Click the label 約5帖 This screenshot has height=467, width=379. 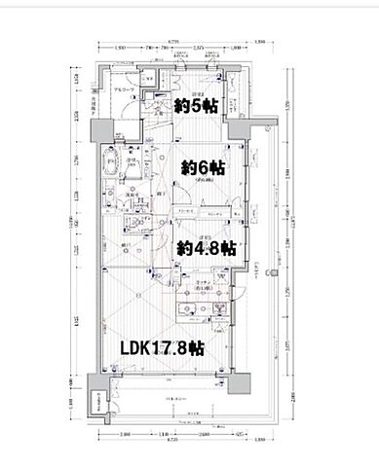click(196, 106)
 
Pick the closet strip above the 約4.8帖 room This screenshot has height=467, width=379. click(200, 211)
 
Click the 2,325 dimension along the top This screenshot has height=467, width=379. click(198, 49)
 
